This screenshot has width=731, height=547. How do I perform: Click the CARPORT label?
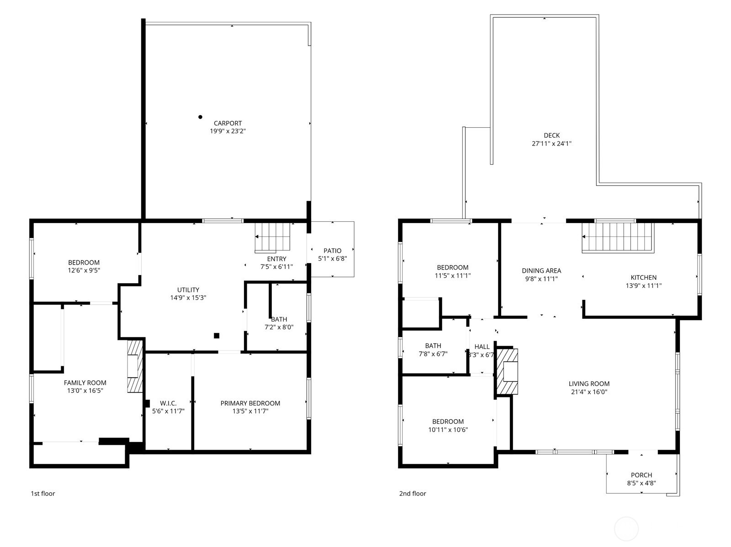point(228,123)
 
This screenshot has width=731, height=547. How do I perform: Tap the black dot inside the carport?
point(200,117)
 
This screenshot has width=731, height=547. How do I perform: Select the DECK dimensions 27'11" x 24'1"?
point(551,143)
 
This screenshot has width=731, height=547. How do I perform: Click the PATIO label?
point(332,250)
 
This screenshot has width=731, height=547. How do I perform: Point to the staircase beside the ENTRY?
point(272,237)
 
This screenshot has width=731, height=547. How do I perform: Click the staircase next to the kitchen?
point(617,237)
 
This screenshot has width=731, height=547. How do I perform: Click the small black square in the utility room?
point(217,336)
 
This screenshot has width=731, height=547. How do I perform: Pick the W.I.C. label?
point(168,403)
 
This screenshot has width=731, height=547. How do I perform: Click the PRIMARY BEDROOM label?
point(250,403)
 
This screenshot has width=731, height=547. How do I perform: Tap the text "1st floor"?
point(42,493)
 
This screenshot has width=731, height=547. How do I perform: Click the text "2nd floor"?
point(412,493)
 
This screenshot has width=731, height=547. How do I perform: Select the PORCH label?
point(641,475)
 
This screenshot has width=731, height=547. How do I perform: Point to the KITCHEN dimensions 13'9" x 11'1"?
point(643,286)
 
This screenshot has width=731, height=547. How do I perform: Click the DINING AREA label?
point(541,271)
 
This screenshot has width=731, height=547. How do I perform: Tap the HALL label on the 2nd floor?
point(482,347)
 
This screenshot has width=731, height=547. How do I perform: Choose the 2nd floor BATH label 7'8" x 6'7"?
point(433,354)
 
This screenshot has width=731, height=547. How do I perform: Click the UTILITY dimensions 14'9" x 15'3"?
point(188,297)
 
